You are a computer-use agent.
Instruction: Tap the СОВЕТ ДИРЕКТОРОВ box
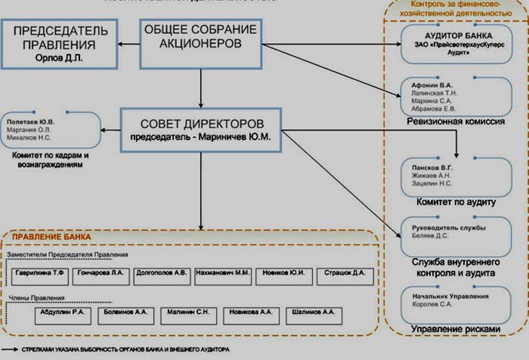tap(201, 130)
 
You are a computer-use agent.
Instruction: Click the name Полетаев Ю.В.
tap(30, 122)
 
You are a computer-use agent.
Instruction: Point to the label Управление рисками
tap(454, 329)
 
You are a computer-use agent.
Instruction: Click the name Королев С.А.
tap(431, 305)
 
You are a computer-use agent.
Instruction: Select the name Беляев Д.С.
tap(430, 235)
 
